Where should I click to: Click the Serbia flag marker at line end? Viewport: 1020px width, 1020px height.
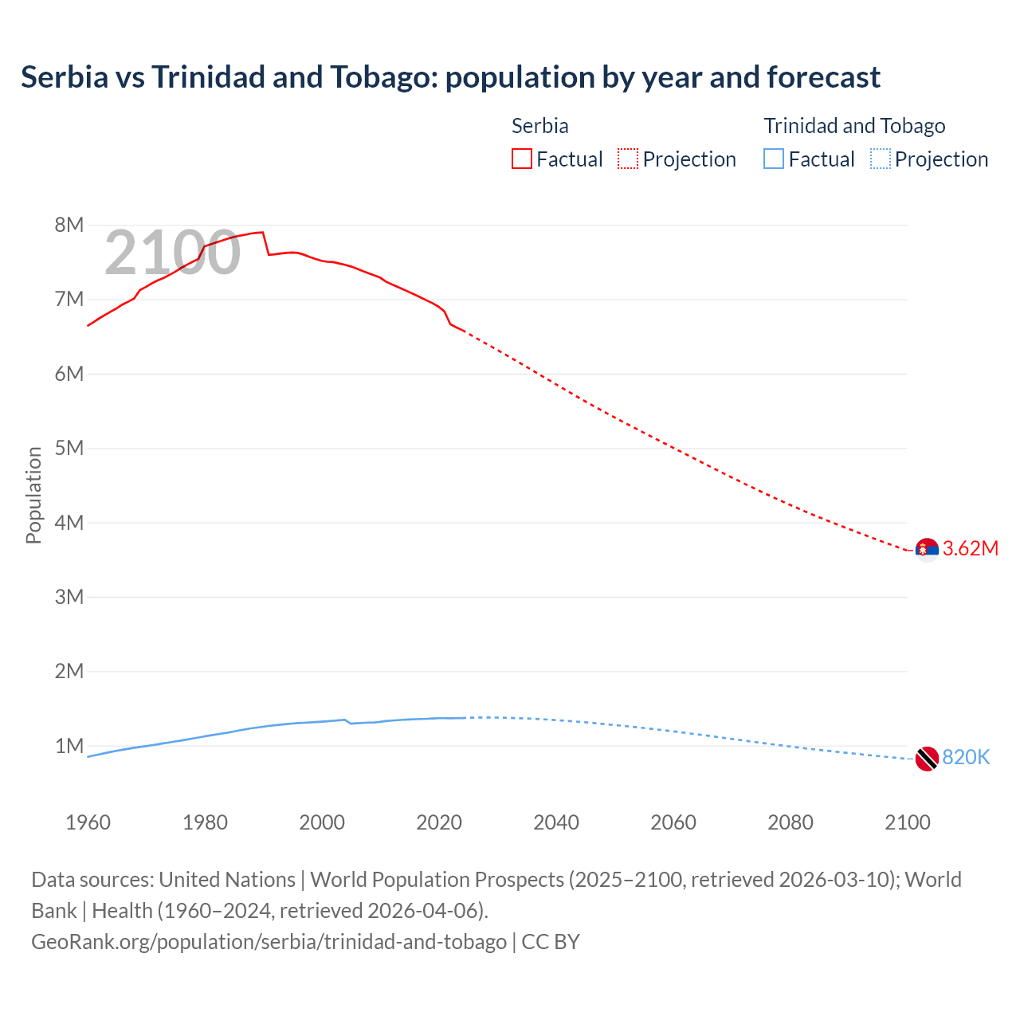(x=927, y=550)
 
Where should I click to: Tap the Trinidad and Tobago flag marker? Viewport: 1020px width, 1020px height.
(x=927, y=759)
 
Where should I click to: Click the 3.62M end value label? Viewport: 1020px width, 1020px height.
(x=971, y=548)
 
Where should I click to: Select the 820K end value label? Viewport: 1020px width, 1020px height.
(x=966, y=757)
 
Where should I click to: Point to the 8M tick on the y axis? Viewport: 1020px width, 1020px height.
(x=69, y=225)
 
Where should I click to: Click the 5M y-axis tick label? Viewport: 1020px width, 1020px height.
(x=69, y=448)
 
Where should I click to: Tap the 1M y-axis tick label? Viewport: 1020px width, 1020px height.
(x=69, y=746)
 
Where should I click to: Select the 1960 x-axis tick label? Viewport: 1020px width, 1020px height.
(x=88, y=822)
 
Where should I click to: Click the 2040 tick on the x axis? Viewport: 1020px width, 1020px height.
(x=556, y=822)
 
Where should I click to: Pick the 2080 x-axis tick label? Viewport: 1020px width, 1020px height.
(x=790, y=822)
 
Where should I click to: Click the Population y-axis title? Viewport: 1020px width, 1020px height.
(x=33, y=495)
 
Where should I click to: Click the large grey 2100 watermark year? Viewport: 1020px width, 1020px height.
(x=172, y=253)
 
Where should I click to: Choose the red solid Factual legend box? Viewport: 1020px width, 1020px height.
(x=521, y=159)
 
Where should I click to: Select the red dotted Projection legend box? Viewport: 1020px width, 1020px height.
(x=628, y=159)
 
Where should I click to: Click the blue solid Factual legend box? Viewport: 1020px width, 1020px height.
(x=774, y=159)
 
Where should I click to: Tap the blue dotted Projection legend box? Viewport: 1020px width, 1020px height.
(x=881, y=159)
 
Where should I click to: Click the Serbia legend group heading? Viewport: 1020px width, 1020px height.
(x=539, y=126)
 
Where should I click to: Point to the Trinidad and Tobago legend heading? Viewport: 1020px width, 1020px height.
(x=854, y=126)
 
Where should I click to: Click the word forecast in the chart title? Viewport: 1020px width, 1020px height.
(x=824, y=77)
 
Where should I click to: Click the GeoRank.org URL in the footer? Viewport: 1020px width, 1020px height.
(x=269, y=941)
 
